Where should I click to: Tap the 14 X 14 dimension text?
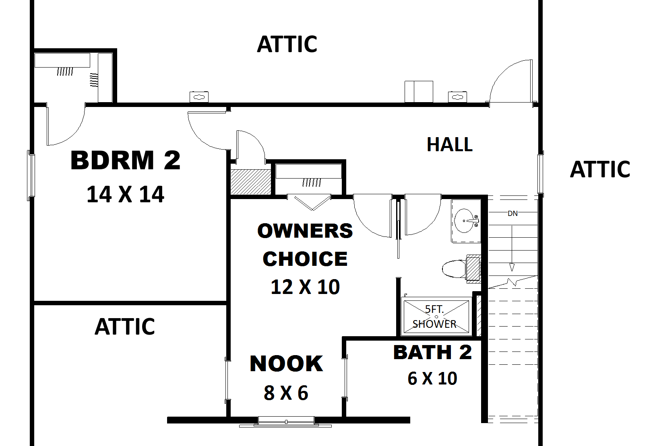coord(125,195)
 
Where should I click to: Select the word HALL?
coord(450,144)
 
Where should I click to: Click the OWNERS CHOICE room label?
coord(305,245)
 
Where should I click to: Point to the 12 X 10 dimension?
coord(305,287)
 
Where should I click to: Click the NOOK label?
coord(286,364)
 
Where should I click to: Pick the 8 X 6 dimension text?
coord(286,393)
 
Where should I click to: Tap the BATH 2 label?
coord(433,352)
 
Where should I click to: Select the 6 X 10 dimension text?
coord(432,378)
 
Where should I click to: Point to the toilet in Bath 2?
coord(461,269)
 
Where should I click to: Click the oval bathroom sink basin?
coord(464,221)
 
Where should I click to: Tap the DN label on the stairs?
coord(513,214)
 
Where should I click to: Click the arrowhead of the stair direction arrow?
coord(512,267)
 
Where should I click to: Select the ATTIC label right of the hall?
coord(600,169)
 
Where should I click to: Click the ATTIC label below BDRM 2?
coord(125,326)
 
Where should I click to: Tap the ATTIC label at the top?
coord(287,44)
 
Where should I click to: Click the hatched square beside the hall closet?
coord(251,182)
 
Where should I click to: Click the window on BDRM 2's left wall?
coord(31,176)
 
